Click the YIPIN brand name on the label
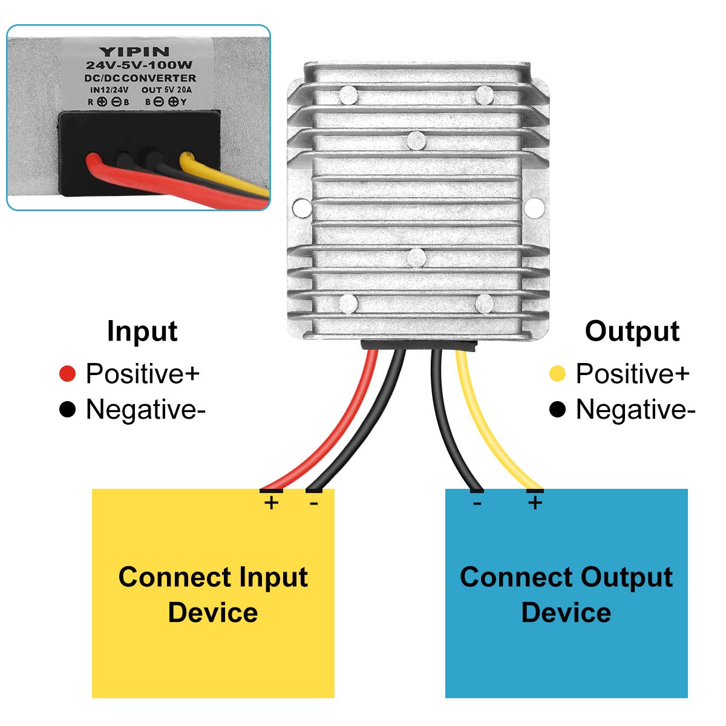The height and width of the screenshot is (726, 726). (134, 51)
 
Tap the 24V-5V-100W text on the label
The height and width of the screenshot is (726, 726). (139, 65)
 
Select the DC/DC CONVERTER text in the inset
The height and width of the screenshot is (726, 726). (140, 78)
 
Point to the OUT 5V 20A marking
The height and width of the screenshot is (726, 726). (166, 90)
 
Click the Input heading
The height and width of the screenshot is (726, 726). (142, 332)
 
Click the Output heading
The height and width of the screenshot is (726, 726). (632, 332)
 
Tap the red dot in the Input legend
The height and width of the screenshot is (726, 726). (67, 374)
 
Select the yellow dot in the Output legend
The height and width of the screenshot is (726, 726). (557, 374)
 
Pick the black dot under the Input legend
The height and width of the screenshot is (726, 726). (67, 410)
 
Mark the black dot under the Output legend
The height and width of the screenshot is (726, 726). (557, 410)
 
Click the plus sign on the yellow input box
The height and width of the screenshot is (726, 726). (272, 502)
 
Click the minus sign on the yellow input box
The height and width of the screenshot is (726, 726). (313, 502)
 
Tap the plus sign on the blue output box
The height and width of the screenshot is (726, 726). (535, 502)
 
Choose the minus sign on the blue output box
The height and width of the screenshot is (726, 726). (477, 502)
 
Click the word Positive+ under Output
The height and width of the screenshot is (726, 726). (632, 374)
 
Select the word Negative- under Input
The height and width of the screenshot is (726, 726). (145, 410)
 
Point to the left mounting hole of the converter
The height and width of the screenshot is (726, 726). (301, 208)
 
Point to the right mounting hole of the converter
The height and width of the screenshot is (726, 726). (534, 208)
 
